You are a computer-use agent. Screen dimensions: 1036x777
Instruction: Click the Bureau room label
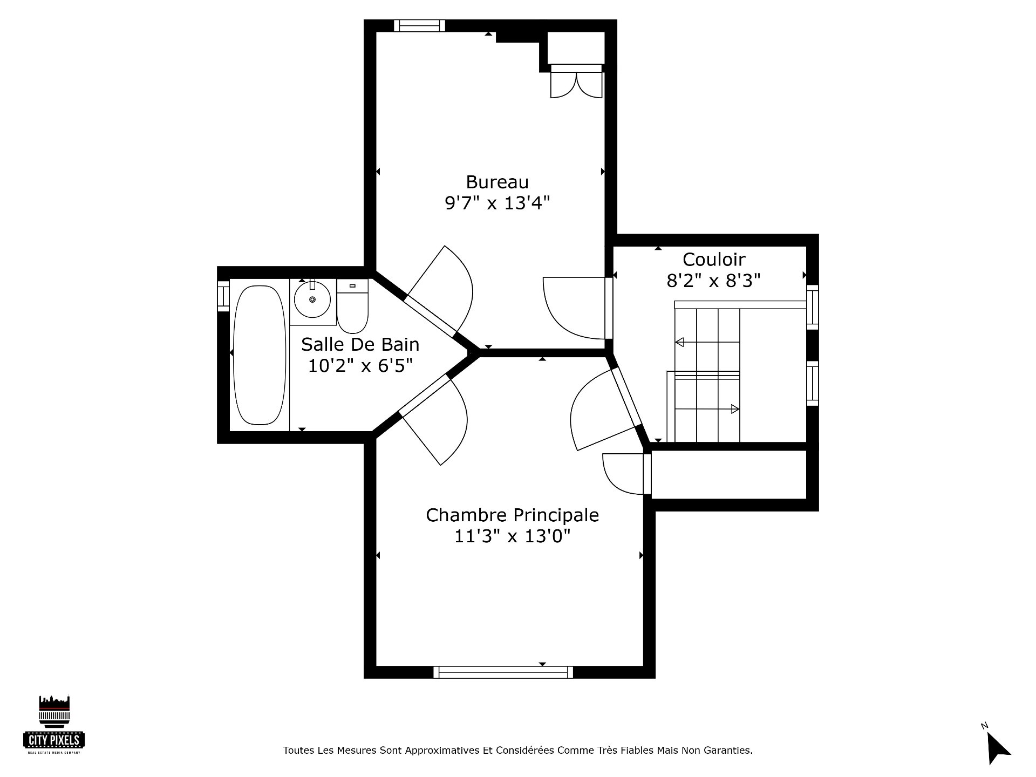pos(497,182)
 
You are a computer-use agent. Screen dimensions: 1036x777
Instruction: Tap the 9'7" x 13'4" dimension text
pos(497,203)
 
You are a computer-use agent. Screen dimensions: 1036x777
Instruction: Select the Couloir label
pos(714,260)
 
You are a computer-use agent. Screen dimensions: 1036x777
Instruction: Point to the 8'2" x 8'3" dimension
pos(714,281)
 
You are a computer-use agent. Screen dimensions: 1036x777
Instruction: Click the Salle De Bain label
pos(360,344)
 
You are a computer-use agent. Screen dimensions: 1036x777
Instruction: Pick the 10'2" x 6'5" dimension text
pos(360,366)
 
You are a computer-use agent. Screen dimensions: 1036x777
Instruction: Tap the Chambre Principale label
pos(512,515)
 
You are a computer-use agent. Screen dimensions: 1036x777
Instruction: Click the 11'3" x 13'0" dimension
pos(512,536)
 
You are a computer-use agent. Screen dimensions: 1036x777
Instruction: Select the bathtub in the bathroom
pos(259,355)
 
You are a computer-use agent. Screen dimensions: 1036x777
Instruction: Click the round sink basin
pos(312,299)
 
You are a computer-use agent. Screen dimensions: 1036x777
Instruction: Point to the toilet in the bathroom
pos(352,306)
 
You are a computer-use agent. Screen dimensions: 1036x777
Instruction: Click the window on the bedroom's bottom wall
pos(503,672)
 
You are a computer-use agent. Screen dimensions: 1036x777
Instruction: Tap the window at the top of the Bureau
pos(419,26)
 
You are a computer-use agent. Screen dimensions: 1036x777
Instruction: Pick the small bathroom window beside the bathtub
pos(223,296)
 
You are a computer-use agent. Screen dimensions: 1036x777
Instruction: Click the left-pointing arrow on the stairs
pos(680,342)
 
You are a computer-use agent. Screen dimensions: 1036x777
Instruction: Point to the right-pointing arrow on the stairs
pos(735,409)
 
